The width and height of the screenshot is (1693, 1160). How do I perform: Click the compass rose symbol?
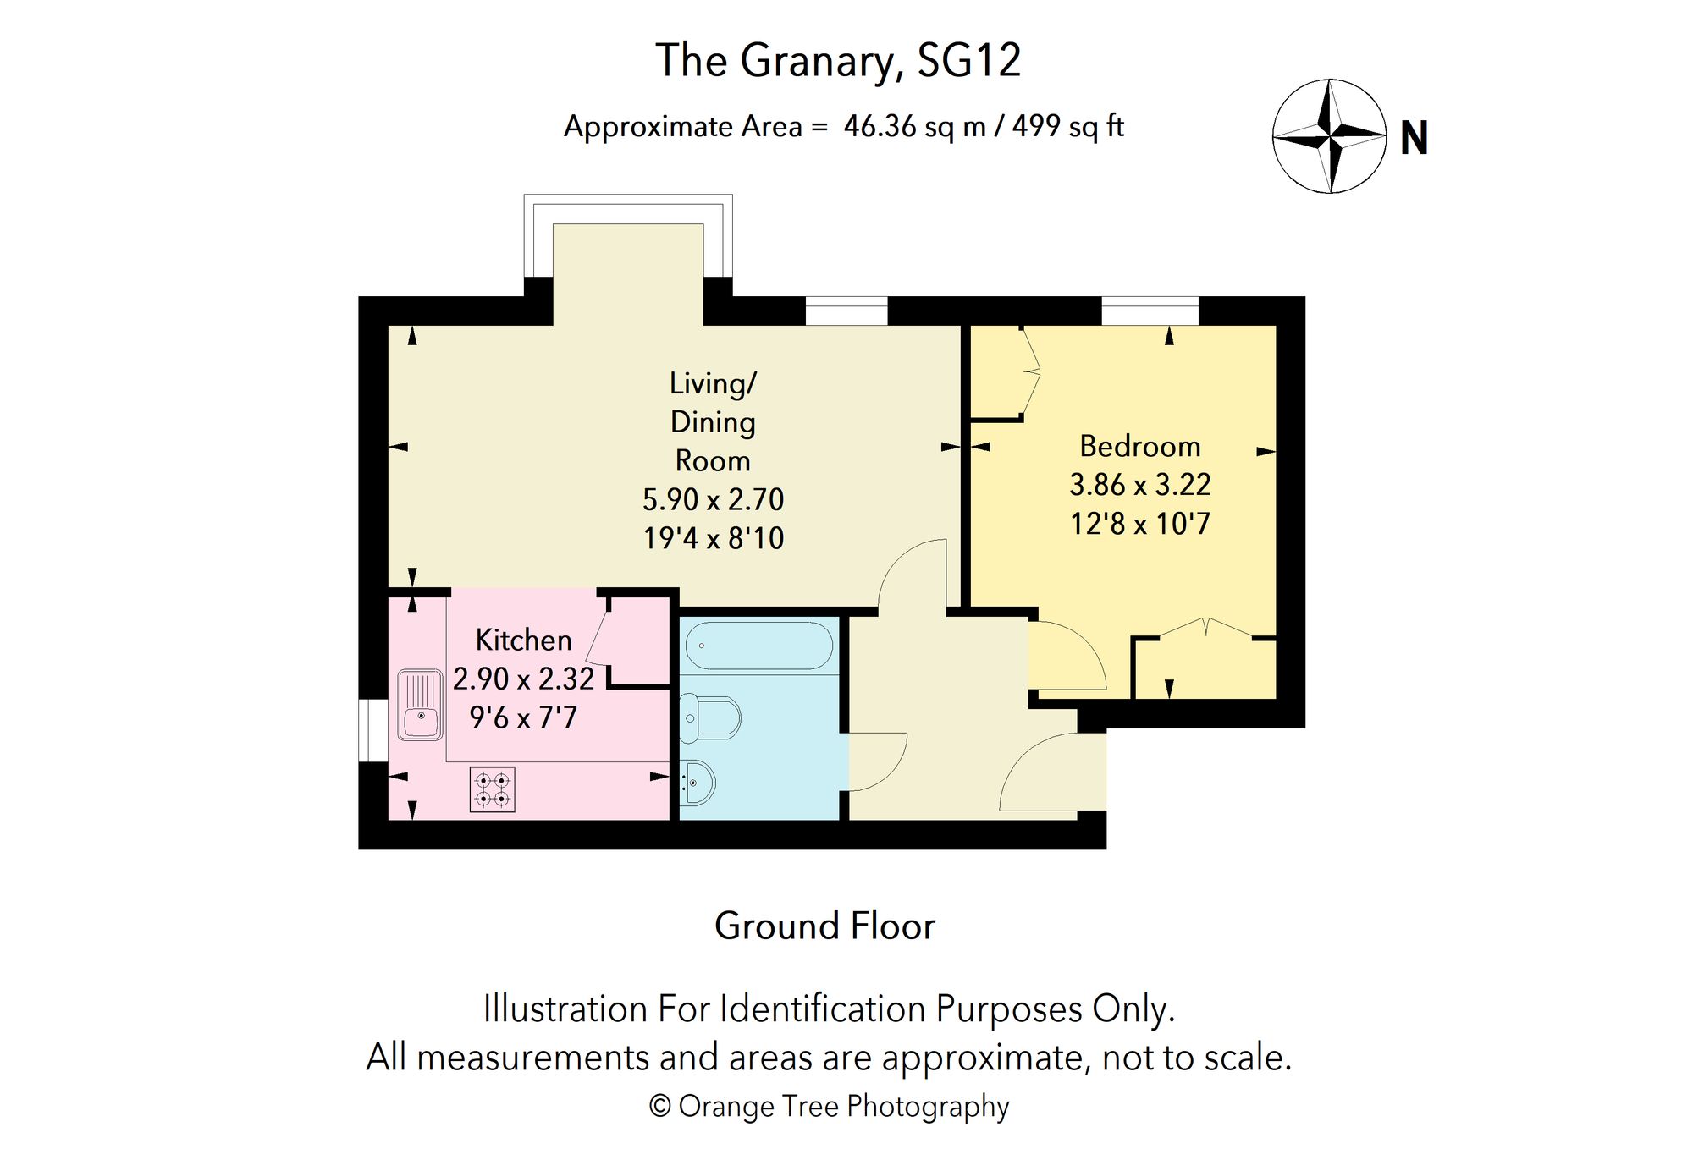(1330, 136)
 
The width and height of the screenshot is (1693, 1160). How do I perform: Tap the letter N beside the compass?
(1414, 138)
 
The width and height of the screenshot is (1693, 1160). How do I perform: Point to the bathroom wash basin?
(698, 782)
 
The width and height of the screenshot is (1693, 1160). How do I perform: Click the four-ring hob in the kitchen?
(493, 789)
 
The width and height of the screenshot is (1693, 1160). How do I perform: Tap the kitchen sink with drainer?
(420, 705)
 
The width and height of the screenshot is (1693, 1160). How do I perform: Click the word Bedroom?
(1139, 446)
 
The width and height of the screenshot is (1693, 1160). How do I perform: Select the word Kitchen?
(523, 640)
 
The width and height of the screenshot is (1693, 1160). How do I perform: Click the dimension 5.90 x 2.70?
(713, 499)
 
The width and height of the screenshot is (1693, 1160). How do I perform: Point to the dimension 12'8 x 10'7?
(1139, 524)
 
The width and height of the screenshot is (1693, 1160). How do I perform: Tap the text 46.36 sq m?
(914, 126)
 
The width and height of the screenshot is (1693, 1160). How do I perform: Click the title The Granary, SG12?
(838, 60)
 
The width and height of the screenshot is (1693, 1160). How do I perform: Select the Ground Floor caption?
(824, 926)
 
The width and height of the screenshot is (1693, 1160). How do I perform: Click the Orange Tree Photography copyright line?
(829, 1106)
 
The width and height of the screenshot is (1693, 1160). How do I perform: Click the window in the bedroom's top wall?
(1150, 311)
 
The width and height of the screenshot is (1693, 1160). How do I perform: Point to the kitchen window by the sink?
(372, 730)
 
